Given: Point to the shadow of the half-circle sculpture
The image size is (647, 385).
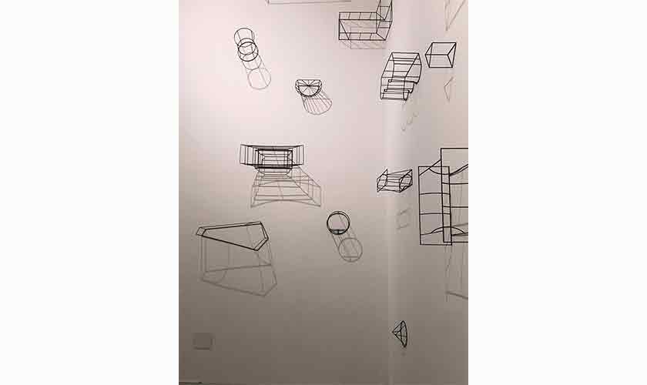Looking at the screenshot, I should coord(317,103).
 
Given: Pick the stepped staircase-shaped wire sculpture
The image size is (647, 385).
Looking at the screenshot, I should coord(400,75).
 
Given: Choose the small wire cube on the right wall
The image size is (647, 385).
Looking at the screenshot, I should coord(440,55).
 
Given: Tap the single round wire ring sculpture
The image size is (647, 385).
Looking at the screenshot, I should coord(337,223).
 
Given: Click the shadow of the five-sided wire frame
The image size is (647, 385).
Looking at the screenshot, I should coord(239,273).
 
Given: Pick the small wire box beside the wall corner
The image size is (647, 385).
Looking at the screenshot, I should coord(394,181).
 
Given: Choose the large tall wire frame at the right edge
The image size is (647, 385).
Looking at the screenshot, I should coord(444,196).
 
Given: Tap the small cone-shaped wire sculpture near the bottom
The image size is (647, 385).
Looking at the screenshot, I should coord(399,333).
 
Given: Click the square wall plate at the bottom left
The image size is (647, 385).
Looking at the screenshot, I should coord(203,340).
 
